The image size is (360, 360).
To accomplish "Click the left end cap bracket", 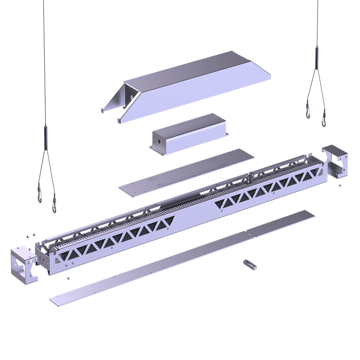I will click(x=22, y=263).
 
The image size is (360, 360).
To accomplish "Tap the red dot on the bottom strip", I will click(x=249, y=234).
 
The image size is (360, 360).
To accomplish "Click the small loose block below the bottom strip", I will click(x=250, y=264).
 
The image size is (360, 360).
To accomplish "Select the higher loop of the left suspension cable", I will click(x=40, y=196).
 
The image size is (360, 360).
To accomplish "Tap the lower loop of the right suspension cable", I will click(x=324, y=120).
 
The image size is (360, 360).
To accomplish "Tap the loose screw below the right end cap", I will click(x=340, y=184).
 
